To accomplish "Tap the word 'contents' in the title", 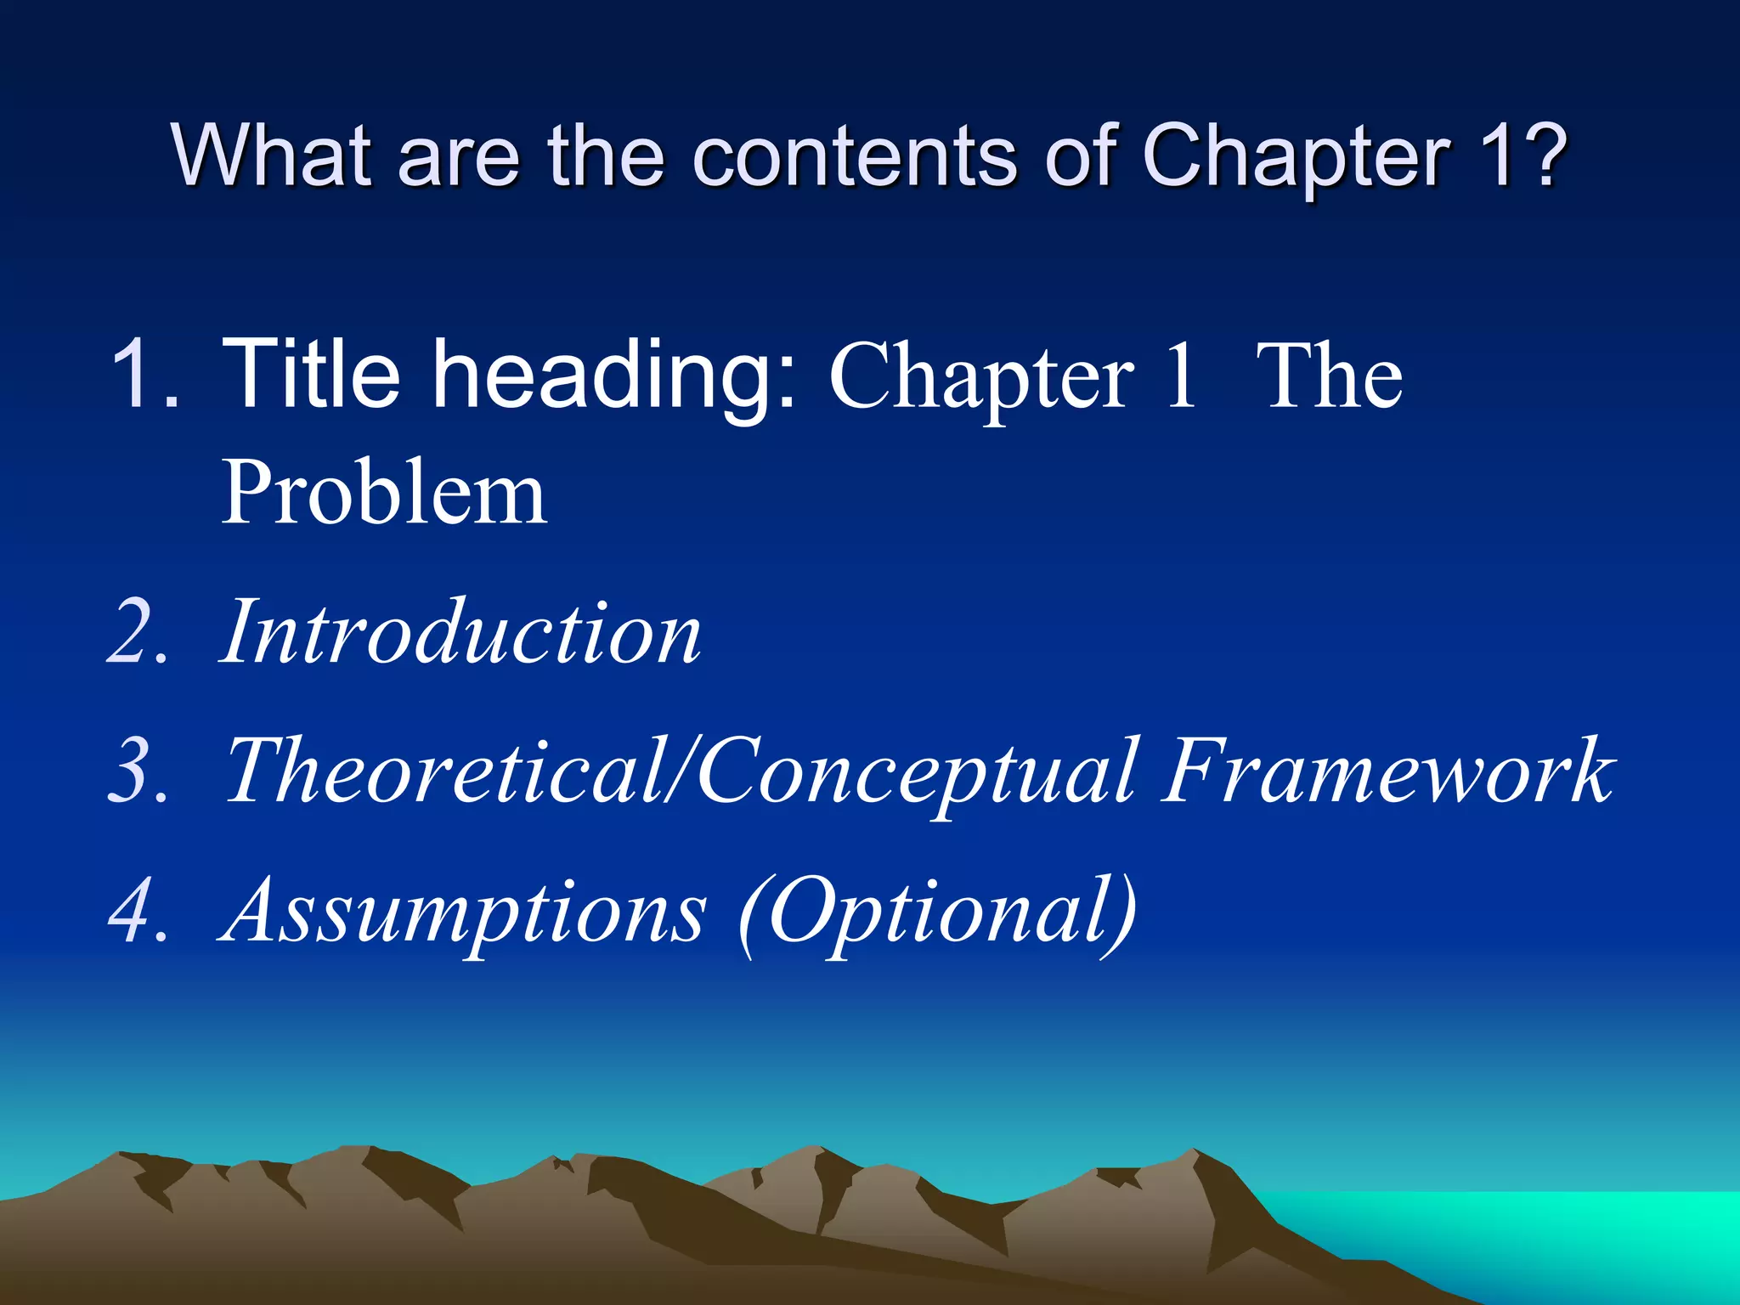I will point(853,156).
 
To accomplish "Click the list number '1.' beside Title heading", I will point(144,374).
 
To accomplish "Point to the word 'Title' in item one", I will point(310,374).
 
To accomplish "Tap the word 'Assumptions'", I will point(463,913).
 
